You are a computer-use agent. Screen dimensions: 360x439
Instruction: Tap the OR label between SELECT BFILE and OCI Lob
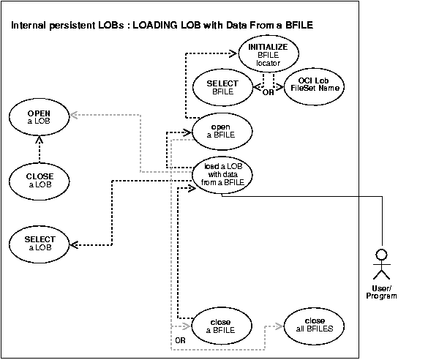point(268,93)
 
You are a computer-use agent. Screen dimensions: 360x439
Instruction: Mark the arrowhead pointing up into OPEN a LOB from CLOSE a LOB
point(40,140)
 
